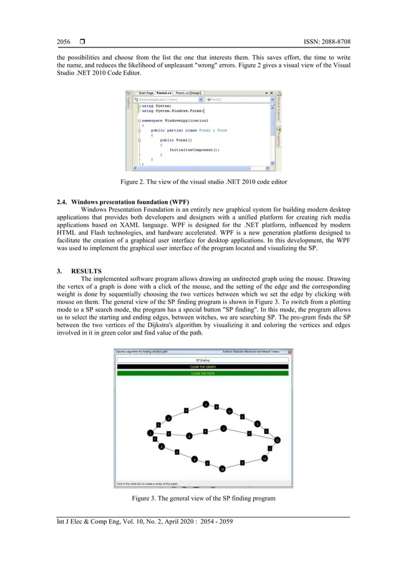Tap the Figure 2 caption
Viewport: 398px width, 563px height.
pyautogui.click(x=199, y=182)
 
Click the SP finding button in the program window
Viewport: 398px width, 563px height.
pyautogui.click(x=203, y=360)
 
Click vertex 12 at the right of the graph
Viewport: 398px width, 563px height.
pyautogui.click(x=278, y=439)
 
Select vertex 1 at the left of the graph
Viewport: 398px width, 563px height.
pyautogui.click(x=150, y=433)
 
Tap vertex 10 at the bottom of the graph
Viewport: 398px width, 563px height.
pyautogui.click(x=221, y=469)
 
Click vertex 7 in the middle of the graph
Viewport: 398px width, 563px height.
pyautogui.click(x=223, y=428)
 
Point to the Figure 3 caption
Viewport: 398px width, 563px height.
pyautogui.click(x=199, y=499)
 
